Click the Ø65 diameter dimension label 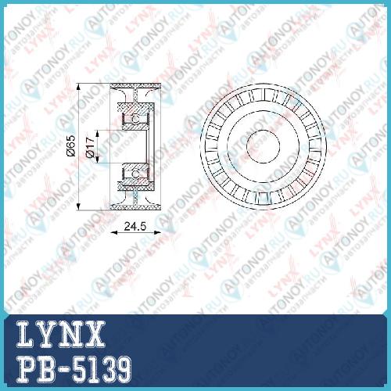click(71, 146)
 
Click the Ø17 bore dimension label click(90, 148)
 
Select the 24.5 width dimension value click(135, 226)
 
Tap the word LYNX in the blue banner click(60, 334)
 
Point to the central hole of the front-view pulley click(263, 146)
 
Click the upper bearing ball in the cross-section click(135, 119)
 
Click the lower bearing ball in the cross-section click(135, 174)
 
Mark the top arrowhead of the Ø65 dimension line click(79, 87)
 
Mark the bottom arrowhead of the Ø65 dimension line click(79, 206)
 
